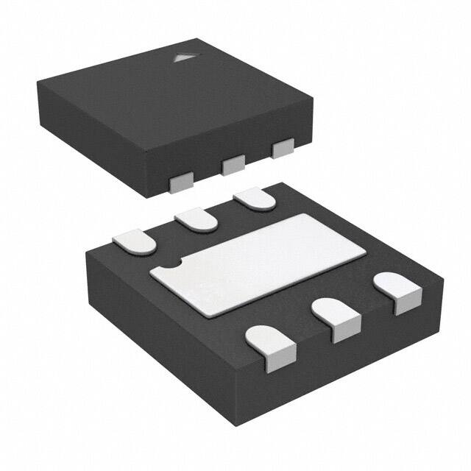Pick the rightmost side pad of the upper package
282,149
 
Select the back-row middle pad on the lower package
194,219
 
